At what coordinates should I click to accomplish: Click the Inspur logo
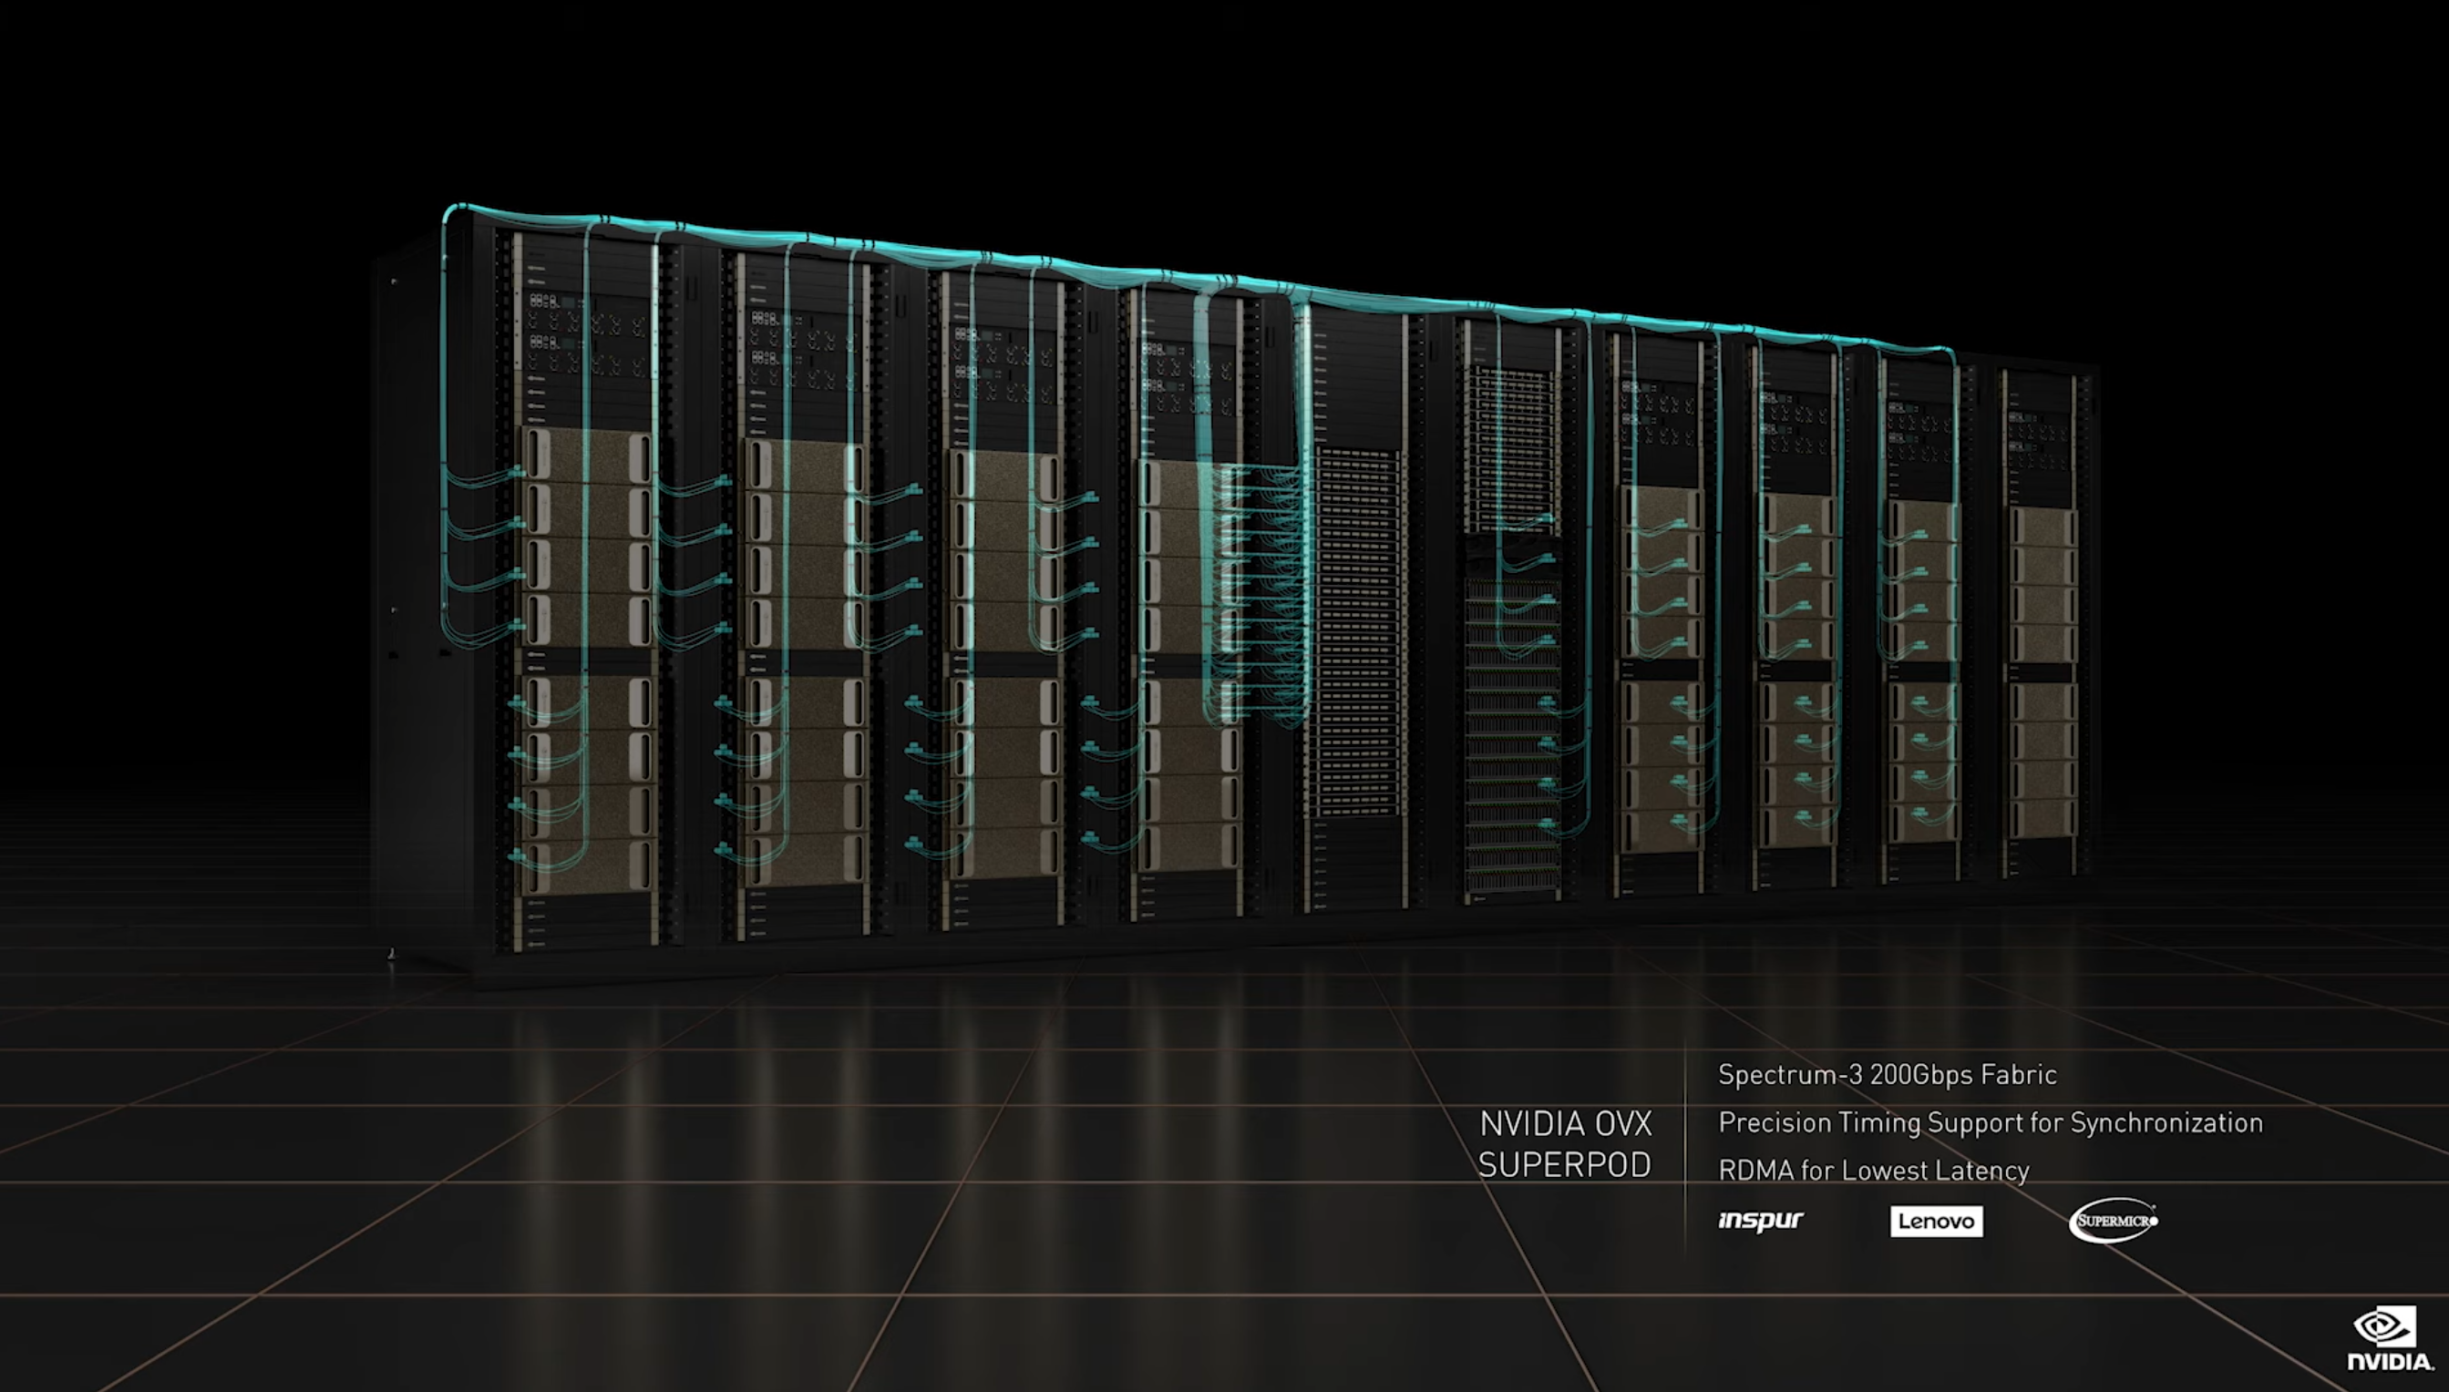pos(1761,1221)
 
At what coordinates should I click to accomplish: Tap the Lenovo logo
pos(1937,1221)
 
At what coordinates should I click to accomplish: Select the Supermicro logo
pos(2114,1221)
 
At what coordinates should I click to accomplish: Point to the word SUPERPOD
pos(1564,1165)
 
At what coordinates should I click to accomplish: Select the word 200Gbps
pos(1920,1075)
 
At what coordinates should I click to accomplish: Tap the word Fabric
pos(2019,1075)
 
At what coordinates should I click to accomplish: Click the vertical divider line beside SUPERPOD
pos(1685,1143)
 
